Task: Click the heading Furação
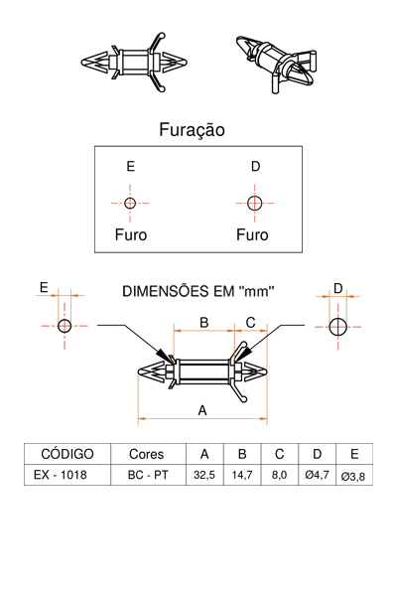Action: point(192,130)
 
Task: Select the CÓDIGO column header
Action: point(67,454)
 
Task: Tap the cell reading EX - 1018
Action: point(61,475)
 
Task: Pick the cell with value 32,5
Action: point(204,475)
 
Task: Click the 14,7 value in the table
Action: point(242,475)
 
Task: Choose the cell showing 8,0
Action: point(280,475)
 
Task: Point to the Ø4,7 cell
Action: point(317,475)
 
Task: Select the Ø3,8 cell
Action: point(353,476)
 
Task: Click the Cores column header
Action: point(146,454)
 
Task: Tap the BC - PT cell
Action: point(148,475)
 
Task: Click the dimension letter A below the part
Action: point(202,410)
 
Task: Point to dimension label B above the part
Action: point(204,322)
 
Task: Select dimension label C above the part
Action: point(251,322)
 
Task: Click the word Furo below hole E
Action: point(131,234)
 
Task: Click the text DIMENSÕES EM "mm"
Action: point(198,291)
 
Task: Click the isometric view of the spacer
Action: point(276,63)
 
